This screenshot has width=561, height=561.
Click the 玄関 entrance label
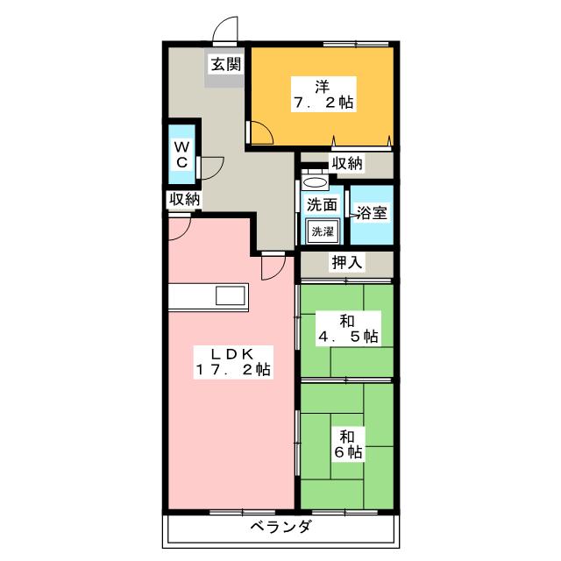(226, 65)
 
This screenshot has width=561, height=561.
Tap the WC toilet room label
(181, 154)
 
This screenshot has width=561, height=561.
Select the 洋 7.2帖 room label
(323, 95)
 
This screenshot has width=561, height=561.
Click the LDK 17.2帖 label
(233, 362)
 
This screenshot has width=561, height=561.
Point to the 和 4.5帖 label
(348, 329)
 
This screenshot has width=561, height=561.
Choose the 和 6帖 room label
(348, 444)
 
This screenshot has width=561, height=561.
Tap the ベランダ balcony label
(280, 527)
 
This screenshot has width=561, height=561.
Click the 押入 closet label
(347, 263)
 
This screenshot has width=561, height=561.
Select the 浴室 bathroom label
(372, 213)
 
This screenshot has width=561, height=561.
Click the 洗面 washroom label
(322, 205)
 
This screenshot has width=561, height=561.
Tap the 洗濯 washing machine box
(323, 231)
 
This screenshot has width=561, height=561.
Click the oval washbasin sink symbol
(315, 182)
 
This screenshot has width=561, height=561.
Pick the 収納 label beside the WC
(184, 199)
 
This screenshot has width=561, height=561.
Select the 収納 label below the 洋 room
(347, 163)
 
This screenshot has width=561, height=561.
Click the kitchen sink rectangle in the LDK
(231, 295)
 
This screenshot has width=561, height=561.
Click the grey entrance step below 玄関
(224, 80)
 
